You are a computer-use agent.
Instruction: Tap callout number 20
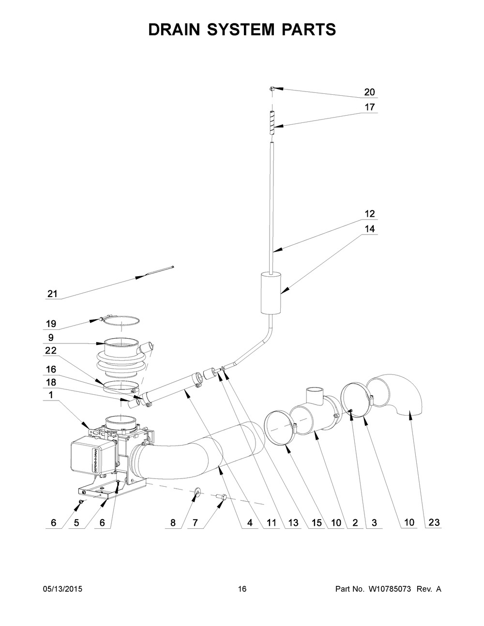pos(369,92)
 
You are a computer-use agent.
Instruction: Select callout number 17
pos(369,107)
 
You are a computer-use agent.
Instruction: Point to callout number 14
pos(369,229)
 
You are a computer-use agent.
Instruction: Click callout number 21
pos(52,294)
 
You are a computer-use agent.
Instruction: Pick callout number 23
pos(434,522)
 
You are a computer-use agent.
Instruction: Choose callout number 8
pos(173,522)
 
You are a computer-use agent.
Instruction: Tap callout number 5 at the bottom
pos(76,522)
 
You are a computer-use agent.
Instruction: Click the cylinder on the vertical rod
pos(271,293)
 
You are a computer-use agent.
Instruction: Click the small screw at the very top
pos(272,89)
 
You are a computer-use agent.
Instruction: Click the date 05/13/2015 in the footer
pos(62,589)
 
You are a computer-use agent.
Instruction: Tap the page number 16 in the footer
pos(242,589)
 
